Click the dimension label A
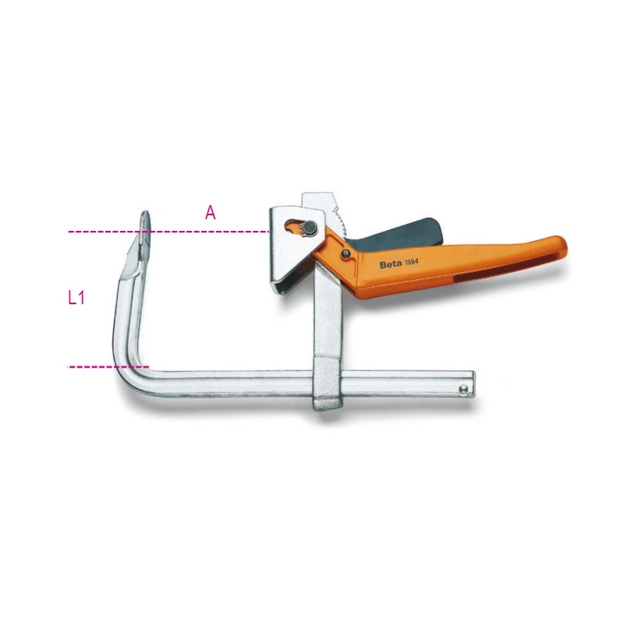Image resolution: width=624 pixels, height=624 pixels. [x=210, y=213]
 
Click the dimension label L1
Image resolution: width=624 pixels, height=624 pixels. [x=76, y=297]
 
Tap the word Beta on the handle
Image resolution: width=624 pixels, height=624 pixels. [x=391, y=264]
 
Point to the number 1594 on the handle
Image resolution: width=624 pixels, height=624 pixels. [x=412, y=262]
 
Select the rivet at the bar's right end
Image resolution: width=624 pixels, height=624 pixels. [x=463, y=388]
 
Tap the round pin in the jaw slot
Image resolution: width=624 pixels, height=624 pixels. [x=309, y=228]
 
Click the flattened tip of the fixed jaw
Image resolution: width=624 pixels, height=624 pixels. [x=145, y=222]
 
